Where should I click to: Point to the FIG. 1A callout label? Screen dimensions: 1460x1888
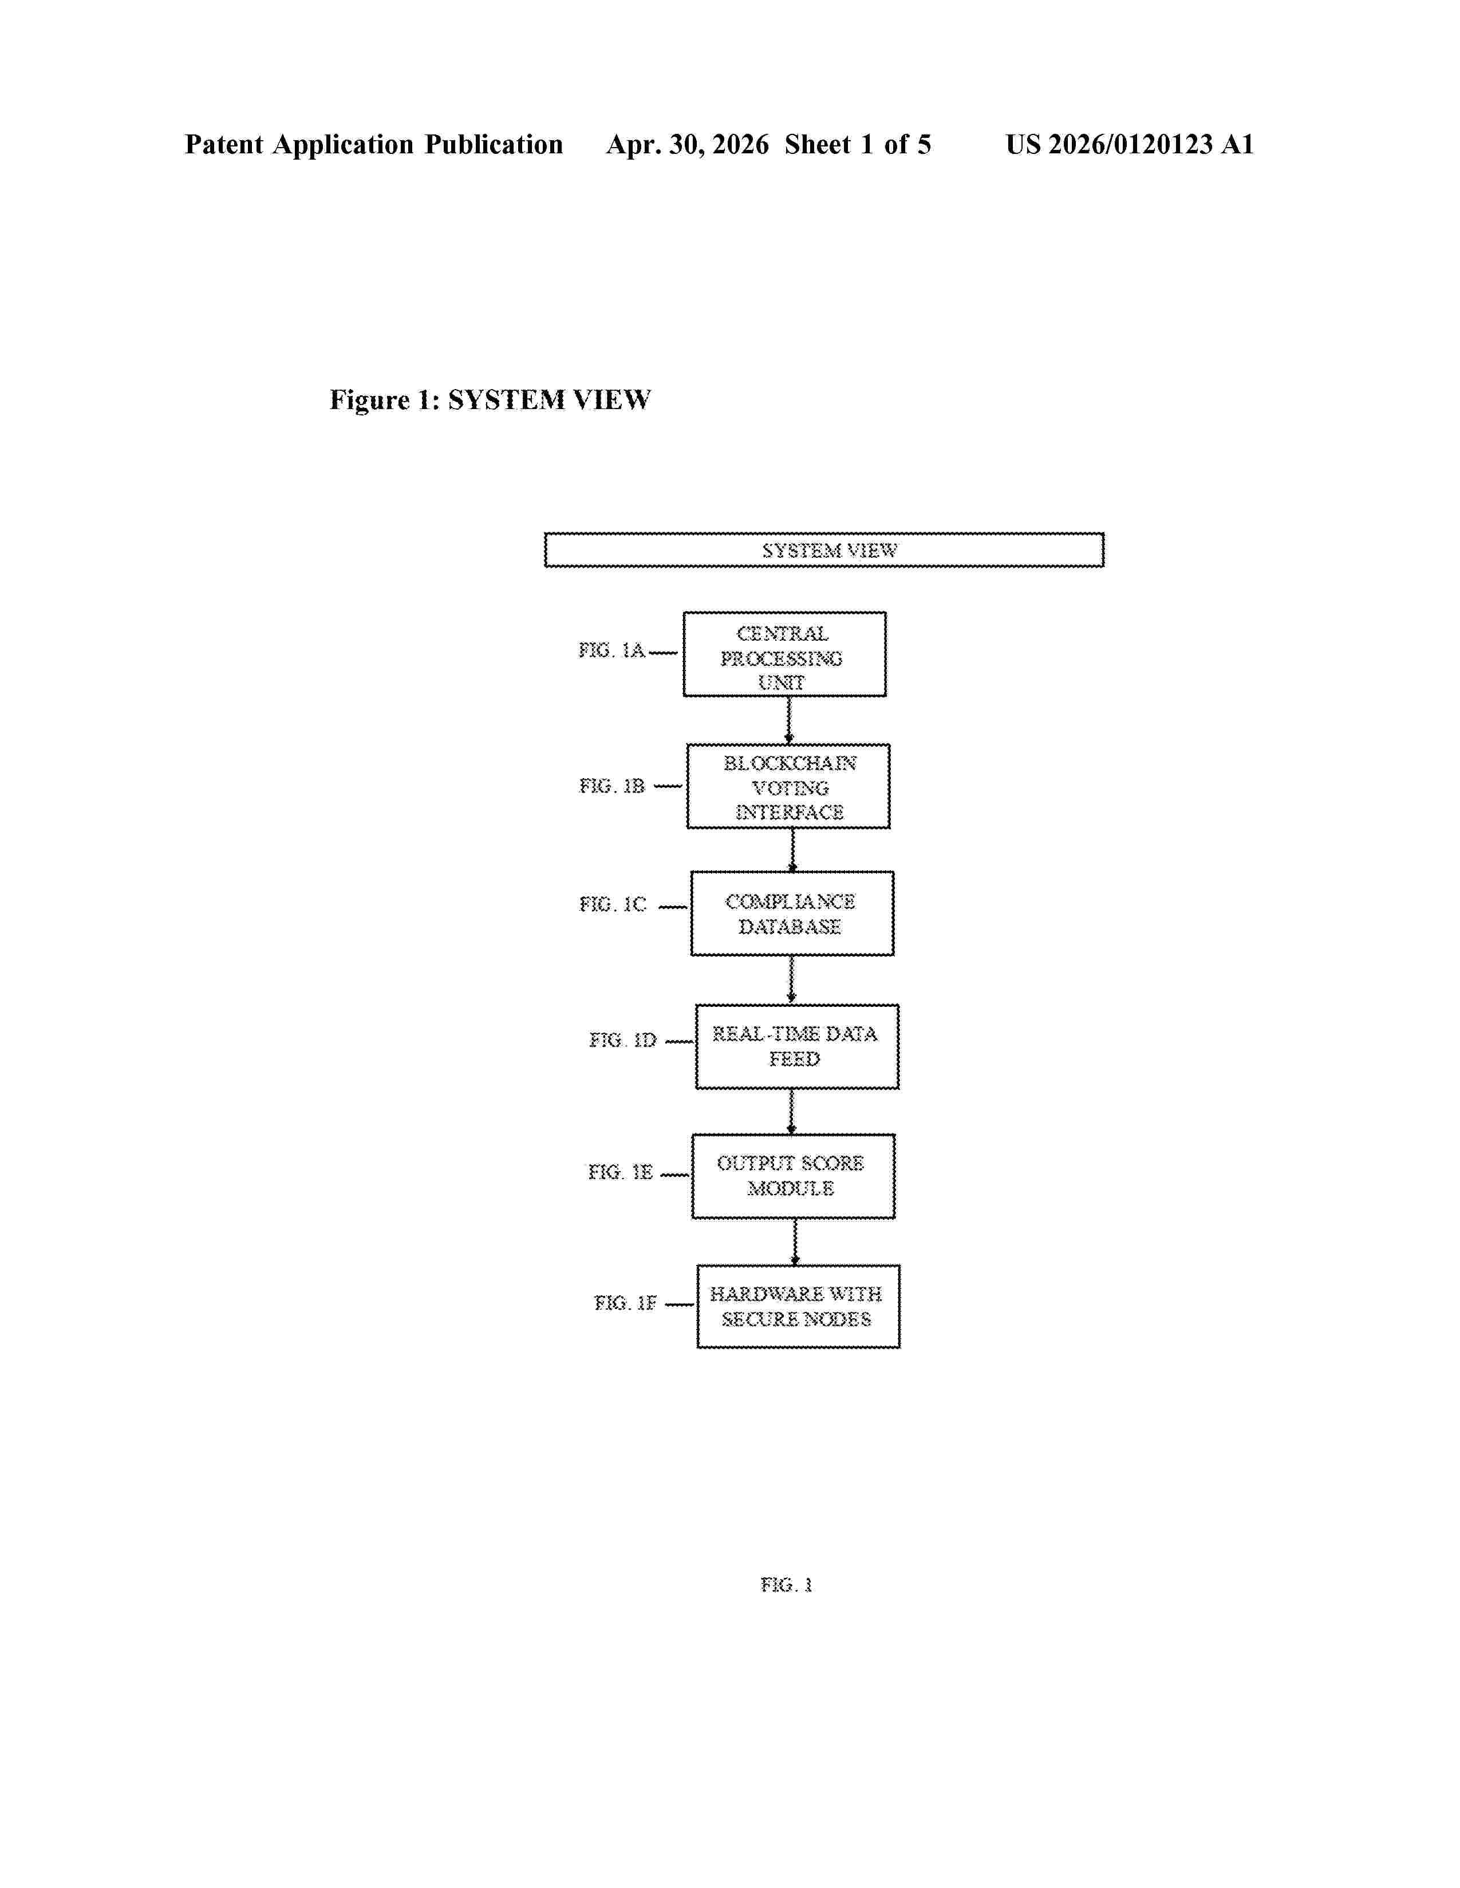tap(611, 650)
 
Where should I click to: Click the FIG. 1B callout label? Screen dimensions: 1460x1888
tap(611, 786)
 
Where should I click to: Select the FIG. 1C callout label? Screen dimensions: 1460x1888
tap(613, 904)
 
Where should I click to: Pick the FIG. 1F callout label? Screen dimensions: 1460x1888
tap(625, 1303)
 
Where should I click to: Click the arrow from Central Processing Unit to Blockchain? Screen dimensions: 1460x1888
tap(789, 720)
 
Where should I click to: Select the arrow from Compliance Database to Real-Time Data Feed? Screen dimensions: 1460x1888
tap(791, 979)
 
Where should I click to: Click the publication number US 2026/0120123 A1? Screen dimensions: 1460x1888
tap(1130, 144)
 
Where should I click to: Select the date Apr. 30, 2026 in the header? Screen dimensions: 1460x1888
tap(688, 144)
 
